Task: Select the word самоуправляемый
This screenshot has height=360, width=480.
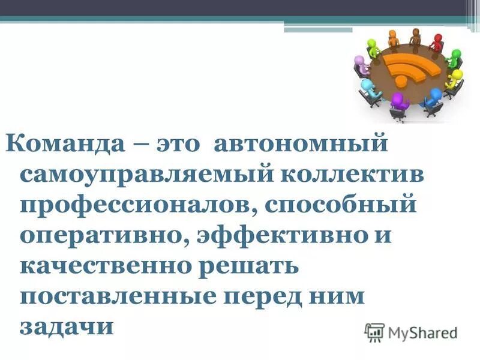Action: pyautogui.click(x=131, y=176)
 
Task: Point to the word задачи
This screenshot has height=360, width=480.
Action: pyautogui.click(x=66, y=326)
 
